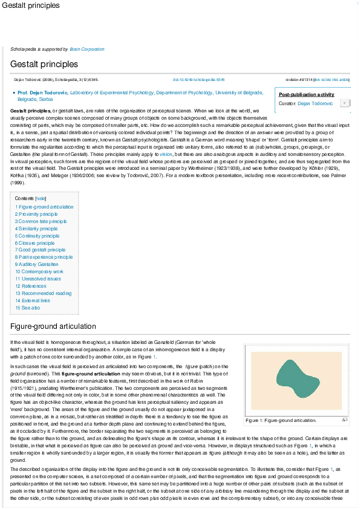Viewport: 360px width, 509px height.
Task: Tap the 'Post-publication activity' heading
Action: pyautogui.click(x=307, y=94)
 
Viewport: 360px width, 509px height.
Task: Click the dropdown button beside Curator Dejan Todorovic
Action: pyautogui.click(x=344, y=103)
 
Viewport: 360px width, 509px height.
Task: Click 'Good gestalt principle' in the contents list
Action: pyautogui.click(x=42, y=250)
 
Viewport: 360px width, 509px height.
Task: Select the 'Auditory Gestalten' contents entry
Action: pyautogui.click(x=38, y=264)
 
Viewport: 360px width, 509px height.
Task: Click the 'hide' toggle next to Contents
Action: pyautogui.click(x=41, y=198)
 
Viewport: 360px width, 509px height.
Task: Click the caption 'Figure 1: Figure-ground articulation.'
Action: pyautogui.click(x=281, y=420)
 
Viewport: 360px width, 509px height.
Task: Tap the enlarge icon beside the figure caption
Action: pyautogui.click(x=344, y=419)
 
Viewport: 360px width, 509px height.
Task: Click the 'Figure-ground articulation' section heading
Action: pyautogui.click(x=53, y=327)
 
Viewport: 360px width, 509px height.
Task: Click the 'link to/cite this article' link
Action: pyautogui.click(x=335, y=79)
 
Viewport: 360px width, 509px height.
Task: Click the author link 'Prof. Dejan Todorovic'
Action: pyautogui.click(x=43, y=92)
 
